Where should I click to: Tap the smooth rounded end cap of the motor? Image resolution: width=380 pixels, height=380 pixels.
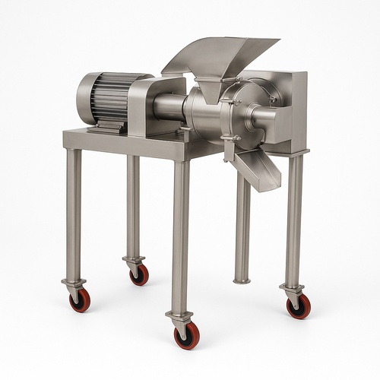[84, 98]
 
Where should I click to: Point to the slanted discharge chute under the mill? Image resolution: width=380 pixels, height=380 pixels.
[258, 167]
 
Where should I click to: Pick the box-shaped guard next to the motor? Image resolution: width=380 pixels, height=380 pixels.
[156, 106]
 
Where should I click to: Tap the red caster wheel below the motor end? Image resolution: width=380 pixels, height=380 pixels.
[79, 300]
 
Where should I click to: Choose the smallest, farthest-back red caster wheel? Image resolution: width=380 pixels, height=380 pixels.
[139, 275]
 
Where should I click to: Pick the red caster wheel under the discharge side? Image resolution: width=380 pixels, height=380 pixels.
[298, 306]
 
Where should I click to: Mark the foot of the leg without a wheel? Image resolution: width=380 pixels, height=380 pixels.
[242, 279]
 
